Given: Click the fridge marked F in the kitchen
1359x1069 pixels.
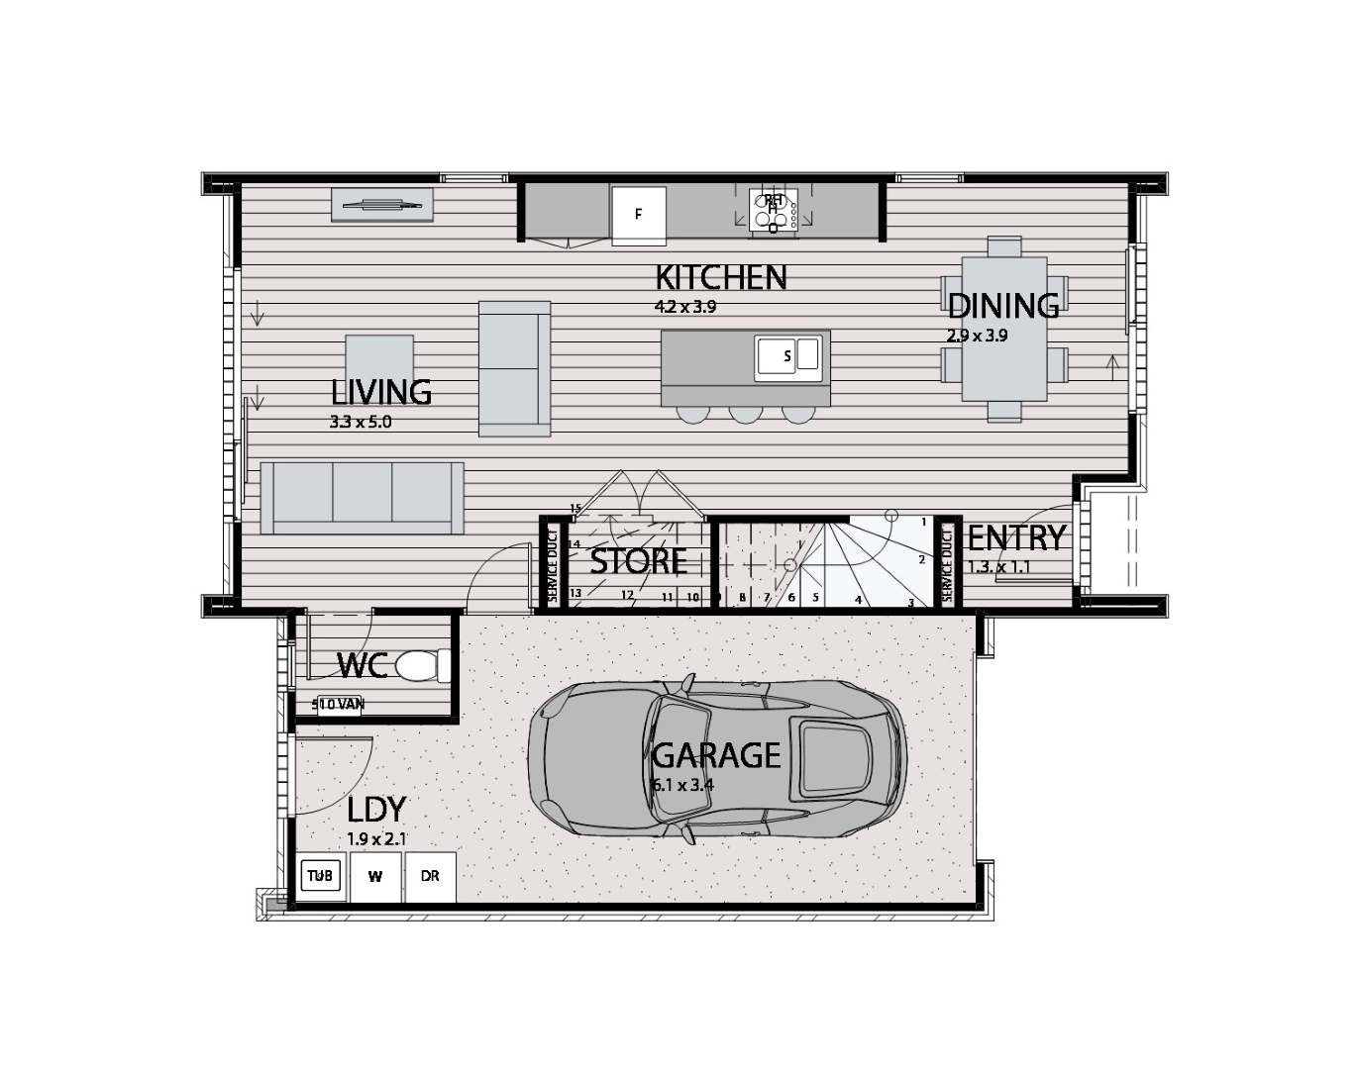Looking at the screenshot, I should pyautogui.click(x=638, y=214).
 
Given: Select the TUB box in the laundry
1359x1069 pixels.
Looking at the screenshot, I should pyautogui.click(x=320, y=876).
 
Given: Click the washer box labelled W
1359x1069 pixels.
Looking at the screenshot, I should pyautogui.click(x=375, y=877).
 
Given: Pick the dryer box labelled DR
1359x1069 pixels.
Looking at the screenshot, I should pyautogui.click(x=430, y=877).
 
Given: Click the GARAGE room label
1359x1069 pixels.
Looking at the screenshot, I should pyautogui.click(x=716, y=756).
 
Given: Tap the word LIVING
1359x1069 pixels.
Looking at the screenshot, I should pyautogui.click(x=381, y=393).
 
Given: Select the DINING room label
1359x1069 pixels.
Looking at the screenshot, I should pyautogui.click(x=1002, y=306).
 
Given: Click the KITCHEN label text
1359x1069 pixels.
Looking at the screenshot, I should pyautogui.click(x=721, y=278).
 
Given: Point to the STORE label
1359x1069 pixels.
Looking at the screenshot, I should pyautogui.click(x=639, y=561).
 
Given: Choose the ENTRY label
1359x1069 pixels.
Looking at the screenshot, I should pyautogui.click(x=1016, y=538).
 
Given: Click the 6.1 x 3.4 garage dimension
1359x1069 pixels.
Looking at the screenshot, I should pyautogui.click(x=682, y=786).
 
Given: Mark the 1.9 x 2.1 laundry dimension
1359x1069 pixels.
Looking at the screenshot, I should pyautogui.click(x=377, y=839).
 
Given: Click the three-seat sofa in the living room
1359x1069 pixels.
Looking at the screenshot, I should pyautogui.click(x=362, y=497).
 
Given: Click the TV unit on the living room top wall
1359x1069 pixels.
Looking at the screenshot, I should pyautogui.click(x=382, y=205).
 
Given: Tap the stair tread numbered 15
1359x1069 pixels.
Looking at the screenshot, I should pyautogui.click(x=575, y=509).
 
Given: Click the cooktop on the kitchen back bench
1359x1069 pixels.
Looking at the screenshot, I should pyautogui.click(x=773, y=211).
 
